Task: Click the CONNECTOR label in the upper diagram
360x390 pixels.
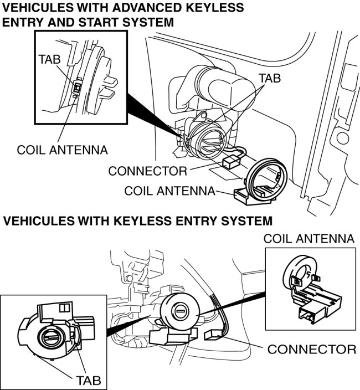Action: pyautogui.click(x=147, y=170)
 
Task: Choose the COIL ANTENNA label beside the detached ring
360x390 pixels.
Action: pyautogui.click(x=169, y=191)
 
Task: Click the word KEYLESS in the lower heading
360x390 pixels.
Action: pyautogui.click(x=150, y=221)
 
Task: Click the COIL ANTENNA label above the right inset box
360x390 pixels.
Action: pyautogui.click(x=308, y=239)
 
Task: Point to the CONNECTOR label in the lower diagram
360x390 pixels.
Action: pyautogui.click(x=311, y=350)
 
